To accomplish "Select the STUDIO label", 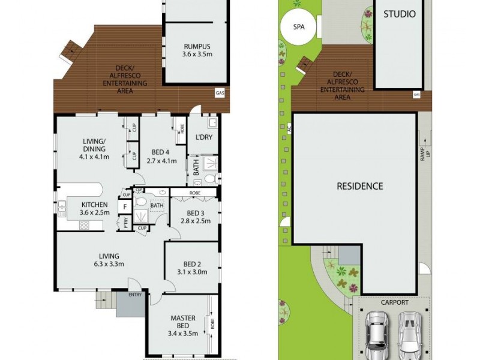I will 399,14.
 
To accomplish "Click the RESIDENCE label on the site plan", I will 359,186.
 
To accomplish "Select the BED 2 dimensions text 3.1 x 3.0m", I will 192,272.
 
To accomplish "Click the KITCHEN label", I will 94,204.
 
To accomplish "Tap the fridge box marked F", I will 125,207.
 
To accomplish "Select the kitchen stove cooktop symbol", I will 84,226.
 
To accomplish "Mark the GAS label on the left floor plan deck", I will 220,92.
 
